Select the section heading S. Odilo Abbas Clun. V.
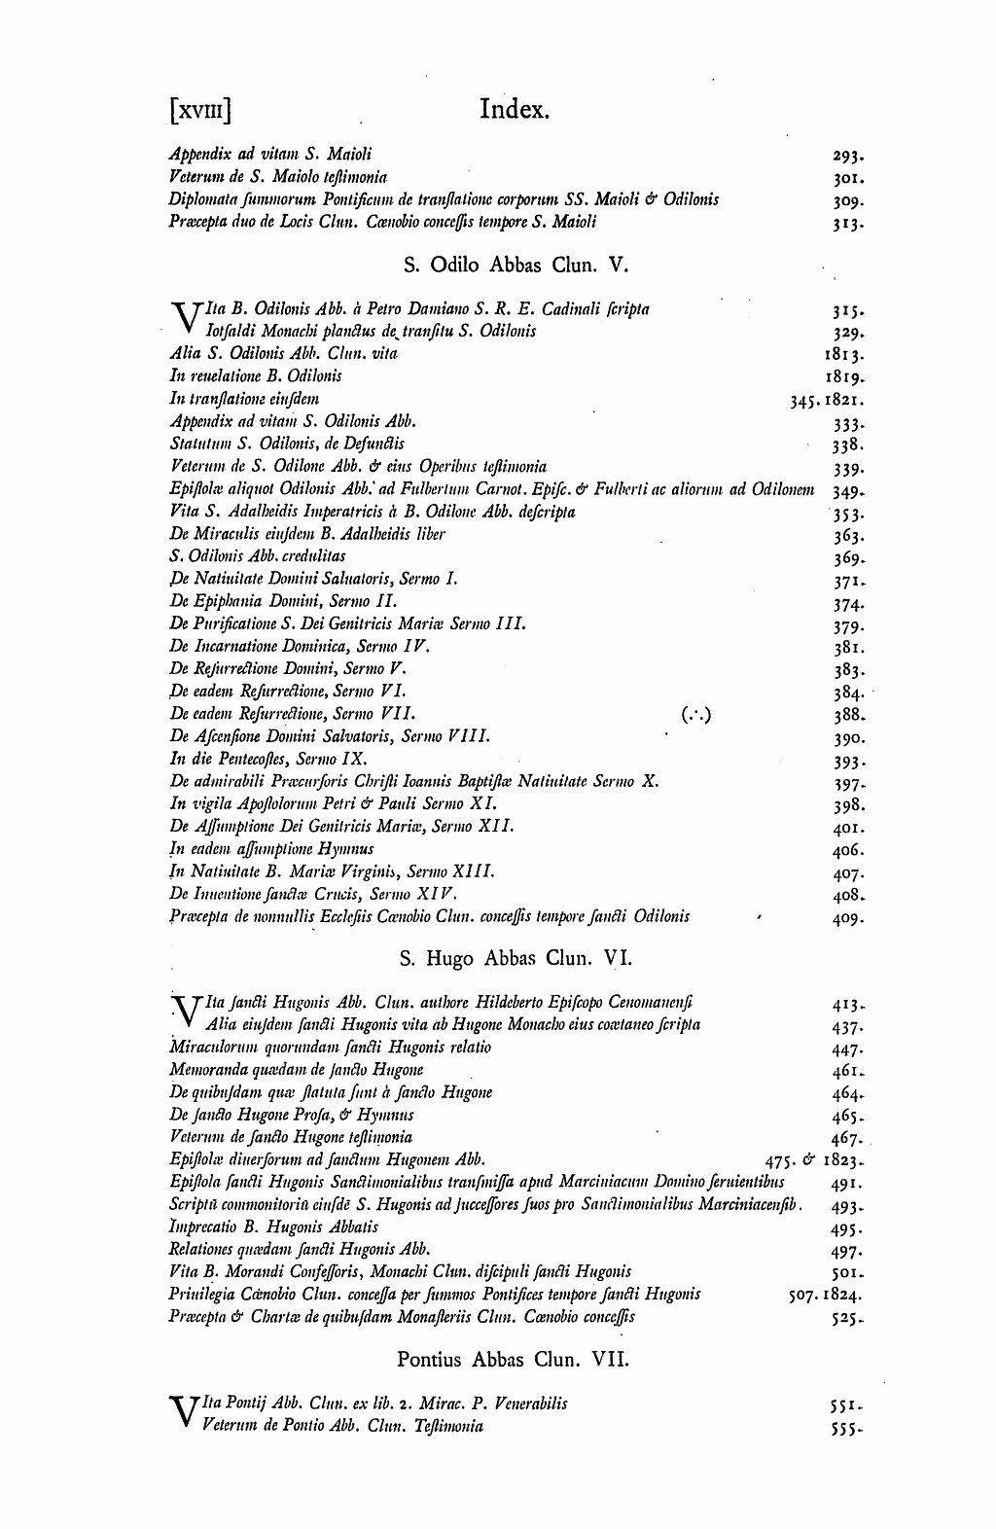(509, 264)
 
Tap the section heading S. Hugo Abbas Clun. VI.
(516, 958)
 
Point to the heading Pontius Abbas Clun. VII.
(513, 1358)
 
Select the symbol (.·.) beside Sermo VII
(696, 715)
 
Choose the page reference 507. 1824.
(824, 1296)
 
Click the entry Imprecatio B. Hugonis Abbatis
(273, 1227)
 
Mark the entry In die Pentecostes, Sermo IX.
(268, 759)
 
